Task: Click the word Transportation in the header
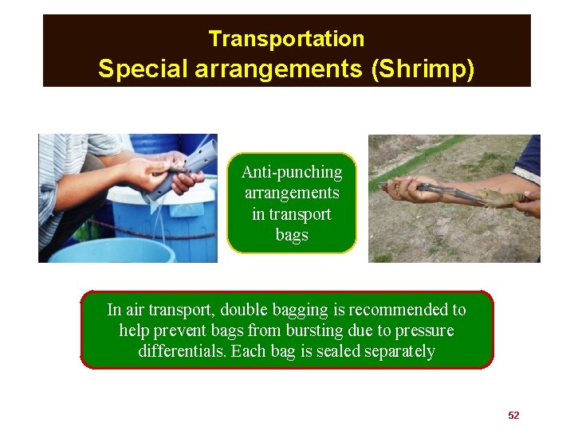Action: point(286,38)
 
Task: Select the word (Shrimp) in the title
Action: point(423,69)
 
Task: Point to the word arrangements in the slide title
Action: point(279,70)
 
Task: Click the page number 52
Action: point(513,416)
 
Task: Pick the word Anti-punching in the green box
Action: point(292,172)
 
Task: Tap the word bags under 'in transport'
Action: point(292,236)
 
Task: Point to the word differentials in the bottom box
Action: point(181,351)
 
